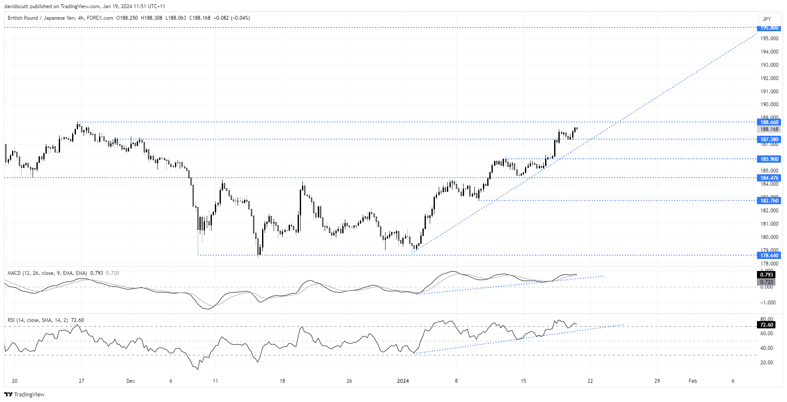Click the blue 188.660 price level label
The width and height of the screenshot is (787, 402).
pos(769,122)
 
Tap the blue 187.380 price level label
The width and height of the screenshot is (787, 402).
pos(769,140)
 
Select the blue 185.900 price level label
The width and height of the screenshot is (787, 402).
pos(769,159)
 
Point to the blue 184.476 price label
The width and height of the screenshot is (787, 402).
pos(769,178)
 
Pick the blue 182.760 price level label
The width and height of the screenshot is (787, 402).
pos(769,201)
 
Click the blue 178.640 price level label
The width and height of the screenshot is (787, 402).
pos(769,256)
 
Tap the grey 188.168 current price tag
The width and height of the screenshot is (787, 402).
pos(769,129)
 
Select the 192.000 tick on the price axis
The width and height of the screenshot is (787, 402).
pos(769,78)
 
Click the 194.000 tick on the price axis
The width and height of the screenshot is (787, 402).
pos(769,52)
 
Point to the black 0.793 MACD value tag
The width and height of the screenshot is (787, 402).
pos(766,275)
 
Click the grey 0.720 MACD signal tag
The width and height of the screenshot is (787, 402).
pos(766,282)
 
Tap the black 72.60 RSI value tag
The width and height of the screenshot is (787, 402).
pos(766,325)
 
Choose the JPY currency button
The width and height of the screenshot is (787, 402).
pos(767,19)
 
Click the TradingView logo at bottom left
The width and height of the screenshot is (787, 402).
pos(24,394)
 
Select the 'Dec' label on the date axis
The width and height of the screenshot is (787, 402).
pos(131,381)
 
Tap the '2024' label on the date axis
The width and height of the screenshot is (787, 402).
pos(403,381)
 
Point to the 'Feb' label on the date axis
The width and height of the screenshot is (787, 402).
pos(693,381)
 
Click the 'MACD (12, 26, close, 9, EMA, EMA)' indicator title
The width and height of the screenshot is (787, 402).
pos(47,273)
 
